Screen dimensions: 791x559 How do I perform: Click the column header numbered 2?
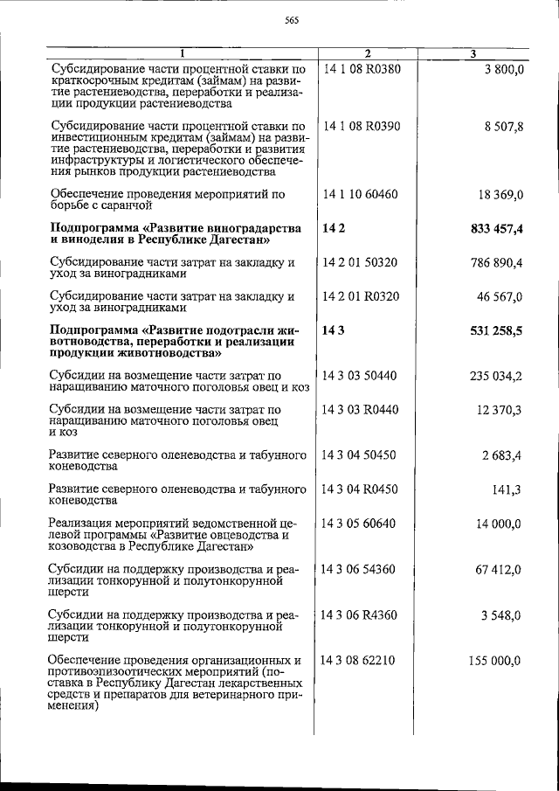pyautogui.click(x=367, y=54)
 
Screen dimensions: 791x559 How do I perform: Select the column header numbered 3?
pyautogui.click(x=472, y=54)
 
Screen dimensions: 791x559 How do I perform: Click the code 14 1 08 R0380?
pyautogui.click(x=362, y=69)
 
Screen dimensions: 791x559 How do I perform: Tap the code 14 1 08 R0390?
pyautogui.click(x=362, y=126)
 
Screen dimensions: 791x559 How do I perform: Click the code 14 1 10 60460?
pyautogui.click(x=360, y=193)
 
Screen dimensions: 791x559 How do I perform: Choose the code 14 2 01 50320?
pyautogui.click(x=360, y=262)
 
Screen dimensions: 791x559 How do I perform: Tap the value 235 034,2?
pyautogui.click(x=495, y=376)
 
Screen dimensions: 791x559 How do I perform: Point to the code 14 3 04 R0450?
pyautogui.click(x=360, y=489)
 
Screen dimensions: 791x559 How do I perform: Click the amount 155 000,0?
pyautogui.click(x=495, y=660)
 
